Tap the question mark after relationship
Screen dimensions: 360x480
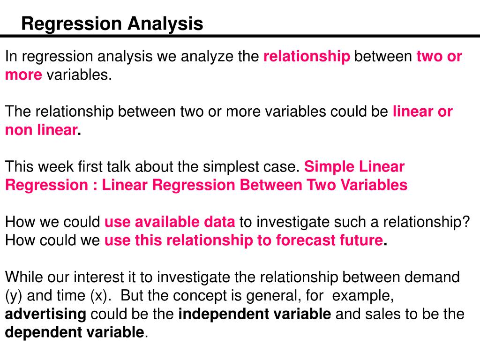(465, 222)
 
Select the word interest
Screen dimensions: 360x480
(100, 277)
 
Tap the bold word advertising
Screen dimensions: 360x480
(45, 315)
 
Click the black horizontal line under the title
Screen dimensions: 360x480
(240, 36)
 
